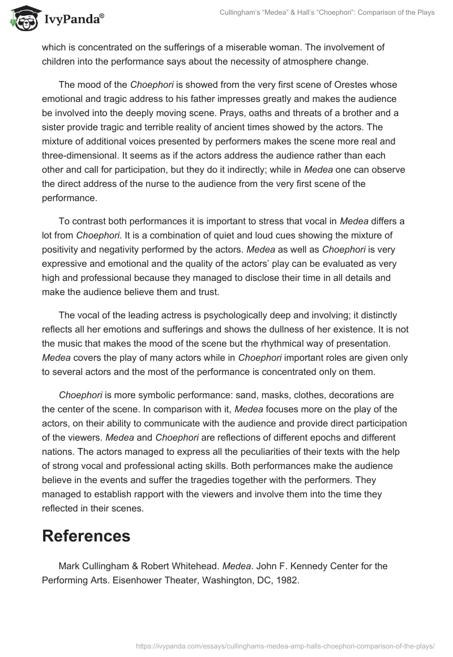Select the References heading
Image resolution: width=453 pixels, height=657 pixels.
(86, 536)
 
